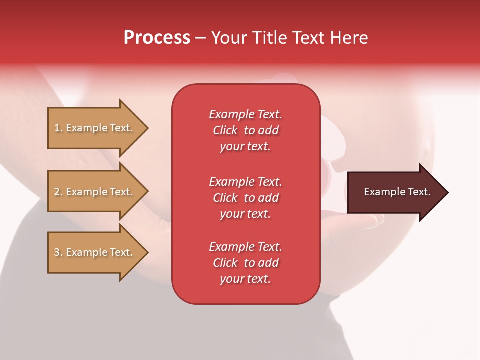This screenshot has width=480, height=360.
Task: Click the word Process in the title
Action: pos(157,38)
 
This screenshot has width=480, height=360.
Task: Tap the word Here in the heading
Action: pos(349,38)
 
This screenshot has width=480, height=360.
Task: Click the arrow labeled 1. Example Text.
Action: pos(98,128)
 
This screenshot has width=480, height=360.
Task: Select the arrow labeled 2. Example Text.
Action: pos(98,191)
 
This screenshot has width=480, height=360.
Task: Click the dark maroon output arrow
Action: pos(398,192)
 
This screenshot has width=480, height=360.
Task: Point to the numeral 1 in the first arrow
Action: pos(56,128)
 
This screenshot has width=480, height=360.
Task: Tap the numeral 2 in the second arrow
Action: pos(57,192)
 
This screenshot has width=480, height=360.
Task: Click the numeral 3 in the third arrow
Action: pos(57,252)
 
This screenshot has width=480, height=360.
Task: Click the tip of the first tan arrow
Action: pos(149,128)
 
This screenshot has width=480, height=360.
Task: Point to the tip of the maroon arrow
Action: pos(449,192)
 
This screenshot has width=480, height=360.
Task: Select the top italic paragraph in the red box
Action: pos(246,130)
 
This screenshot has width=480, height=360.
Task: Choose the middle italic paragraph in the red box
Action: pos(246,198)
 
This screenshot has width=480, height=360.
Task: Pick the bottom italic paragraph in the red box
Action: pos(246,263)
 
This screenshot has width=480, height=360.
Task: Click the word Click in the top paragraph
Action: pos(225,130)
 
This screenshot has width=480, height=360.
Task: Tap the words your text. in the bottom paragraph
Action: pos(245,279)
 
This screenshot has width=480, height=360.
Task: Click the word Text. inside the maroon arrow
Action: pos(419,192)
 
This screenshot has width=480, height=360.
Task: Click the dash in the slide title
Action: pos(201,39)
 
